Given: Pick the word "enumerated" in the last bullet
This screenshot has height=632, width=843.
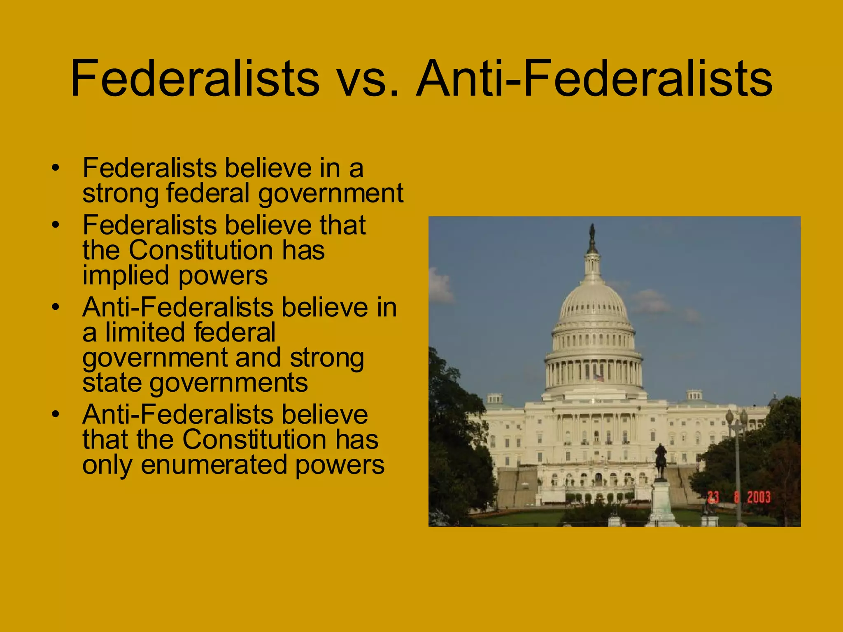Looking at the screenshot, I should coord(214,465).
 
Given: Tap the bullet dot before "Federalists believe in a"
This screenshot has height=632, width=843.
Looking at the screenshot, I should coord(56,168).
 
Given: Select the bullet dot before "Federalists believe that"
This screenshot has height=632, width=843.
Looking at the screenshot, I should coord(56,225).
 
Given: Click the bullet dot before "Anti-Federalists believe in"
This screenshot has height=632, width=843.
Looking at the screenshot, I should coord(56,307).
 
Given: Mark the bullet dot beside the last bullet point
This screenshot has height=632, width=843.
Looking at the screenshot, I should coord(56,414).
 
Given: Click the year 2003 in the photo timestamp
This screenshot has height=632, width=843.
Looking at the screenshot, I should coord(758,497).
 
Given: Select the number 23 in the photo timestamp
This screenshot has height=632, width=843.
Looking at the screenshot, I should coord(713,497).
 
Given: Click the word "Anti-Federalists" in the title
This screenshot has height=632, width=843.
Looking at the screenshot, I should coord(594,79).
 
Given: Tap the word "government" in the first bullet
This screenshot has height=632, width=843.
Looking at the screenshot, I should coord(331,193).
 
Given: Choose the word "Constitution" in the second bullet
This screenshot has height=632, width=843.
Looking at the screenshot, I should coord(201,250).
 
